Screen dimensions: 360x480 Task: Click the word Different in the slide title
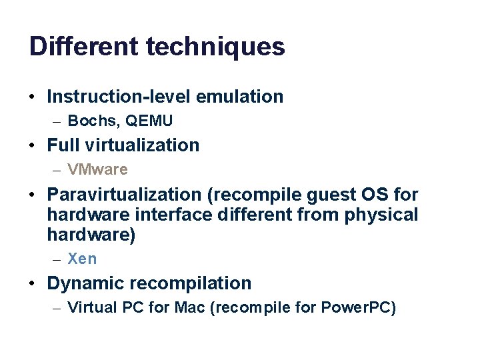click(83, 47)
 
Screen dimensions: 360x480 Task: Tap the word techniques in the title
click(215, 47)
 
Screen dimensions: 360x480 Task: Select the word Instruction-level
click(117, 96)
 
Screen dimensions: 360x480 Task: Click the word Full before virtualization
click(63, 145)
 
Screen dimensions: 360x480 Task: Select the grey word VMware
click(97, 169)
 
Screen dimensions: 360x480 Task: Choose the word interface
click(175, 215)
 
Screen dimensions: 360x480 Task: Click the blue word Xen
click(82, 259)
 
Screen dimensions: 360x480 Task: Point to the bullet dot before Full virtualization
click(33, 145)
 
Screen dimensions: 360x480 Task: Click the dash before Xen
click(56, 259)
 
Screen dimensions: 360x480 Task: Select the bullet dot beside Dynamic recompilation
click(33, 284)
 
